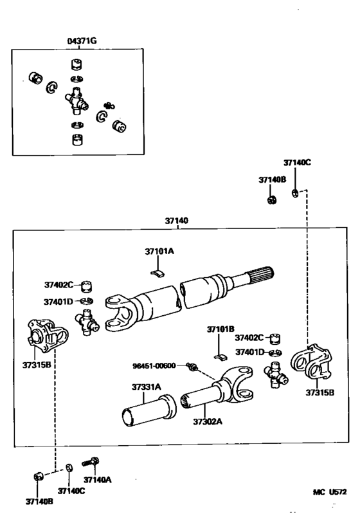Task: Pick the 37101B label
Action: tap(220, 329)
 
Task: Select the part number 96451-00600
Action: tap(154, 365)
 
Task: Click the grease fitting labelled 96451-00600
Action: tap(191, 367)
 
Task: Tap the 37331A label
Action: tap(147, 387)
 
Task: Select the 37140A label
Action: tap(98, 479)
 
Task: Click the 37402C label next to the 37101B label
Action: tap(249, 337)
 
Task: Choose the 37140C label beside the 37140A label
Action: tap(70, 490)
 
